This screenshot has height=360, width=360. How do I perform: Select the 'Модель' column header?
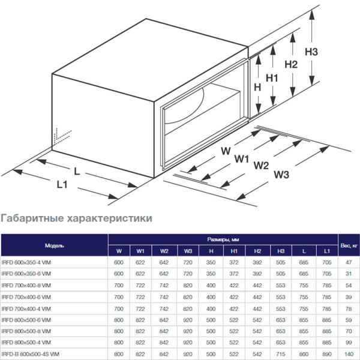tap(54, 245)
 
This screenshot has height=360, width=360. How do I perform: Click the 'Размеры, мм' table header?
tap(222, 238)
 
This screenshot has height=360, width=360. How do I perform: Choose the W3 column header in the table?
tap(188, 251)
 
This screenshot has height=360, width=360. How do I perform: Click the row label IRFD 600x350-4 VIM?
tap(31, 262)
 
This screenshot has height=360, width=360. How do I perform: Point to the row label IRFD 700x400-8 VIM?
tap(31, 285)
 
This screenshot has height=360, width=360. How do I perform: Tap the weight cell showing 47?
tap(347, 262)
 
